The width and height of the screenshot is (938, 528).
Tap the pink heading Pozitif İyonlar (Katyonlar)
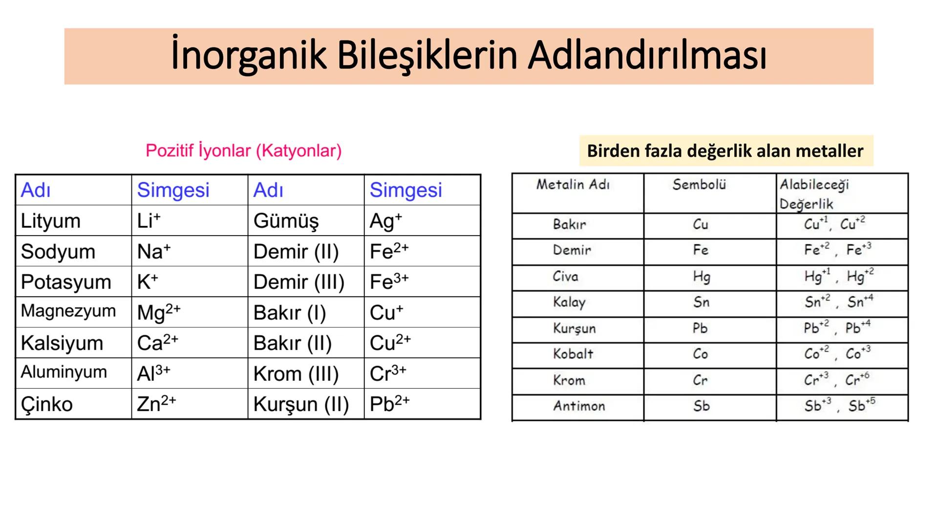click(x=243, y=151)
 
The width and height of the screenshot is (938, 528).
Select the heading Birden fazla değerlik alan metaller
click(x=725, y=151)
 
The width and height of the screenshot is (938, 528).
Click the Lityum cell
click(x=51, y=221)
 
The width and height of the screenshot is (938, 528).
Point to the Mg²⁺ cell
click(x=159, y=312)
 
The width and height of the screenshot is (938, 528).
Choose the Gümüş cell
click(x=286, y=221)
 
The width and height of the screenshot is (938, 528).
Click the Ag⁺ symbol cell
click(x=385, y=221)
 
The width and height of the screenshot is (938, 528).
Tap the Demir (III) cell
click(x=298, y=282)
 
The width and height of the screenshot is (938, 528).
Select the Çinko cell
click(x=47, y=404)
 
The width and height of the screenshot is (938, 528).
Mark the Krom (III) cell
click(x=296, y=374)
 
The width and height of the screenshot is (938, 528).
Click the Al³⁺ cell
click(x=153, y=374)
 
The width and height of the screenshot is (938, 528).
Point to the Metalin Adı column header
click(x=573, y=185)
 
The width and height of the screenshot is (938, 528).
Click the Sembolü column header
click(x=699, y=185)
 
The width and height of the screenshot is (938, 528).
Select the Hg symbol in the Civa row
click(x=701, y=277)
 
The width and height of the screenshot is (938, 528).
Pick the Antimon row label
click(x=579, y=406)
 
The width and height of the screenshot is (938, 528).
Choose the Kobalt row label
click(x=573, y=354)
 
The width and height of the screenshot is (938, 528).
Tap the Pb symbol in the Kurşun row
click(x=700, y=328)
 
